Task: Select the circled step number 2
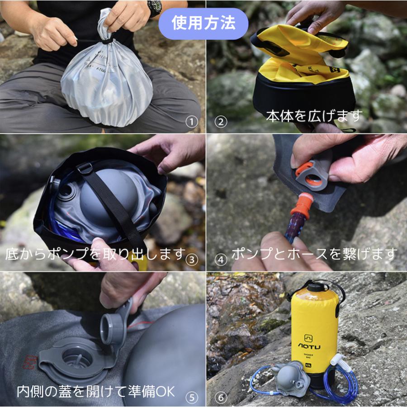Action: [221, 122]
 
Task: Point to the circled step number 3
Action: [193, 259]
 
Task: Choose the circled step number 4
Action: [221, 259]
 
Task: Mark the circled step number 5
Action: [193, 397]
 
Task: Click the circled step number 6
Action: [221, 397]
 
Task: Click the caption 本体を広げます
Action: [314, 115]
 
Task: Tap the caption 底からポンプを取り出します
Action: [95, 254]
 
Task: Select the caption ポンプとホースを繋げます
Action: [314, 254]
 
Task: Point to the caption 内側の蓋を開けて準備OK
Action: [95, 391]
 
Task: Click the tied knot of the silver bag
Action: [106, 40]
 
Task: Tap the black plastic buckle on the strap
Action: [85, 169]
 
